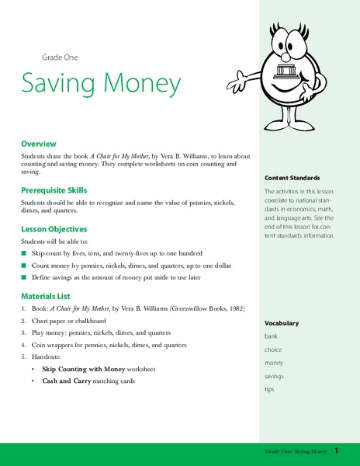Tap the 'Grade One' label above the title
(x=60, y=57)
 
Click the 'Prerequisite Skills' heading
(x=54, y=190)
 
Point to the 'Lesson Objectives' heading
(x=54, y=229)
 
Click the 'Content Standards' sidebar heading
(x=291, y=176)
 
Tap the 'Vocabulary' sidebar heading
(x=281, y=323)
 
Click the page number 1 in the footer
(x=337, y=451)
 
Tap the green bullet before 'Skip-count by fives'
(x=23, y=253)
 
